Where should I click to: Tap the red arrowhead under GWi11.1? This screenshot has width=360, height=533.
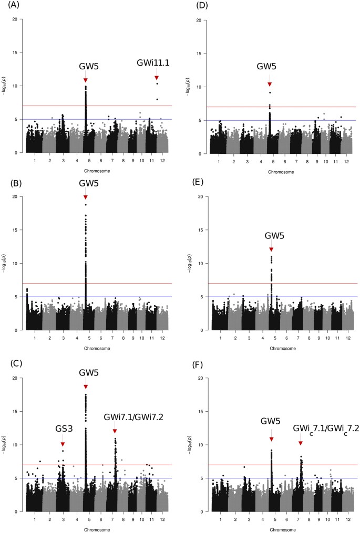[x=157, y=78]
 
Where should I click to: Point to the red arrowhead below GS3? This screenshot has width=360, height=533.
[x=63, y=444]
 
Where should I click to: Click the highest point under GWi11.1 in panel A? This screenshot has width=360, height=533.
[x=157, y=84]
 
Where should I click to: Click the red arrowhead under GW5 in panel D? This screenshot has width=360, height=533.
[x=270, y=84]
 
